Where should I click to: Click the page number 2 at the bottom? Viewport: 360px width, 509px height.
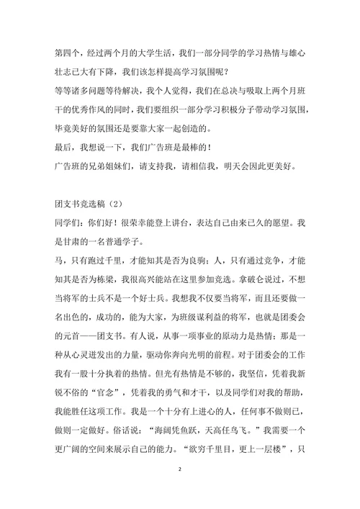click(x=180, y=469)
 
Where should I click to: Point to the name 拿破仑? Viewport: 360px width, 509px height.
click(x=263, y=297)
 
